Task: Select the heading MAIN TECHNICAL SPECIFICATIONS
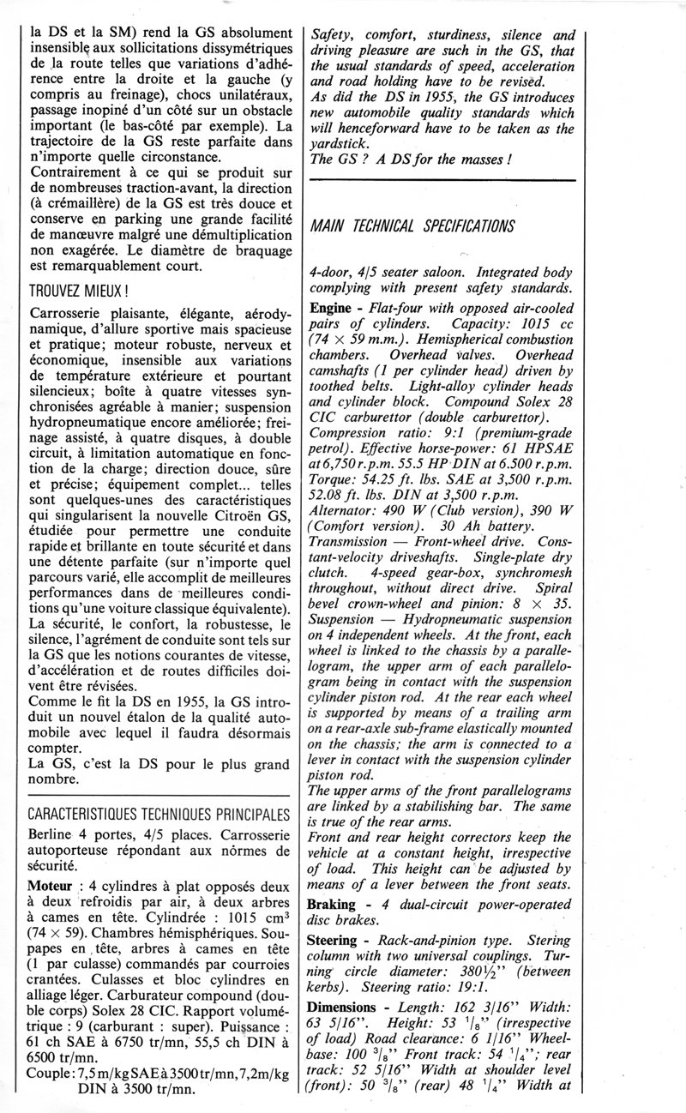point(412,226)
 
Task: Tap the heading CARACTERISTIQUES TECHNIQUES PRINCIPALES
point(158,813)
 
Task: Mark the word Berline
point(56,833)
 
